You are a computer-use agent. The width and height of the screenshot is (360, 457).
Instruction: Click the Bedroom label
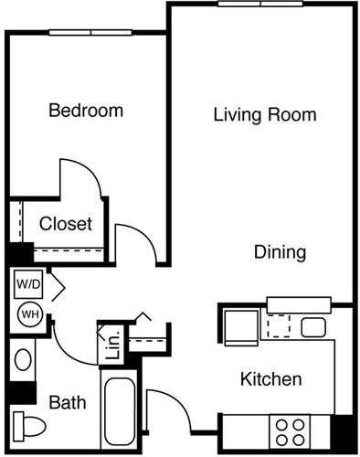tap(85, 112)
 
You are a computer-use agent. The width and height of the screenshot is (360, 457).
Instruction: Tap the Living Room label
tap(265, 115)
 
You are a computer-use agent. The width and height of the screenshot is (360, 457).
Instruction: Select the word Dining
tap(280, 252)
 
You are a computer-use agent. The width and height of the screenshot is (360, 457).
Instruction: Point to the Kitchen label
tap(270, 378)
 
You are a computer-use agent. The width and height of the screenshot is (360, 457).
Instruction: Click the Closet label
tap(65, 224)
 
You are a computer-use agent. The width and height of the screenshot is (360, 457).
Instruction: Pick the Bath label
tap(67, 402)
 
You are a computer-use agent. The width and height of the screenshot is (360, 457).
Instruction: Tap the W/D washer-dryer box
tap(26, 284)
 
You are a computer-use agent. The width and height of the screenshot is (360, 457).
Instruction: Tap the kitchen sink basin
tap(313, 327)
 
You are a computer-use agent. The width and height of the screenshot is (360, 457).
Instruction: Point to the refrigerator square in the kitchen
tap(241, 324)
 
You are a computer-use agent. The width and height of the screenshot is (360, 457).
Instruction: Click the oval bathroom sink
tap(22, 359)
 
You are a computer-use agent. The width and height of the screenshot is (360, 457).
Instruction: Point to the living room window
tap(259, 5)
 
